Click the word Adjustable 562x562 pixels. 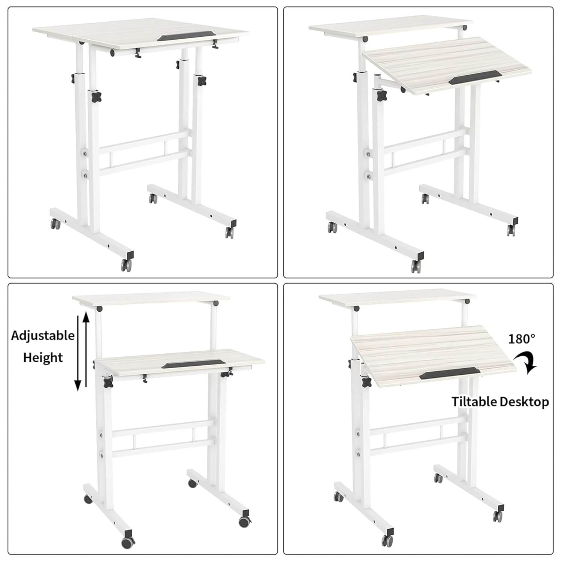[43, 335]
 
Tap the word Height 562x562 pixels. [43, 357]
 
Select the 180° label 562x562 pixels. [522, 339]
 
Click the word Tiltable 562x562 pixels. [474, 402]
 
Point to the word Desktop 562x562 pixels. [524, 402]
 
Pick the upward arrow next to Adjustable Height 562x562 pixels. [86, 350]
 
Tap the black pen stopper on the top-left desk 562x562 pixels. [186, 37]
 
